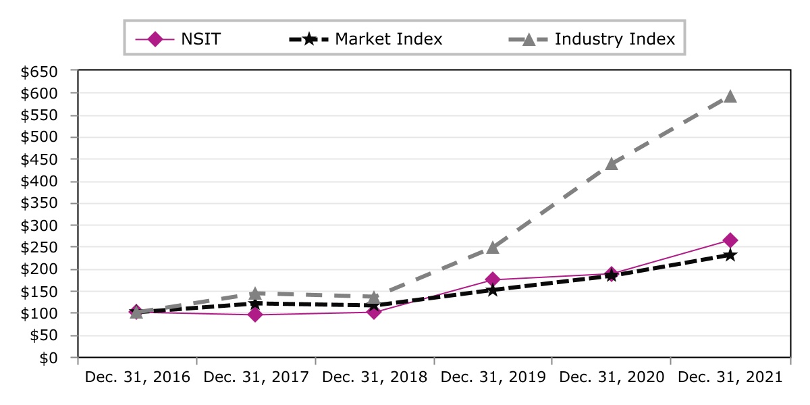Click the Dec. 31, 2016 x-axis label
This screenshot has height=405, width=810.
[138, 378]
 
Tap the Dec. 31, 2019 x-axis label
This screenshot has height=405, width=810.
[493, 378]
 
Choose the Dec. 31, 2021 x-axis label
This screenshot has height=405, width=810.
[730, 378]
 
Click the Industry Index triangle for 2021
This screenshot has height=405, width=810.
[730, 97]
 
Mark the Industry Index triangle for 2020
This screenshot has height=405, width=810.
[612, 163]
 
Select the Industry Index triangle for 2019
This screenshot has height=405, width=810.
[493, 248]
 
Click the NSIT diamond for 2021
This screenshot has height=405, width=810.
[730, 240]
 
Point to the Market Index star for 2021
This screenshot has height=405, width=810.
[730, 255]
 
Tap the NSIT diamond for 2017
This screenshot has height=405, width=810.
[255, 315]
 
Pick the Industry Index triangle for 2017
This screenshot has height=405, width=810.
[255, 294]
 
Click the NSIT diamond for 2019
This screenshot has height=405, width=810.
[493, 279]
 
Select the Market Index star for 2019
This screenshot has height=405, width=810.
[493, 290]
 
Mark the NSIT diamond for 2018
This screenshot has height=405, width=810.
[374, 312]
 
